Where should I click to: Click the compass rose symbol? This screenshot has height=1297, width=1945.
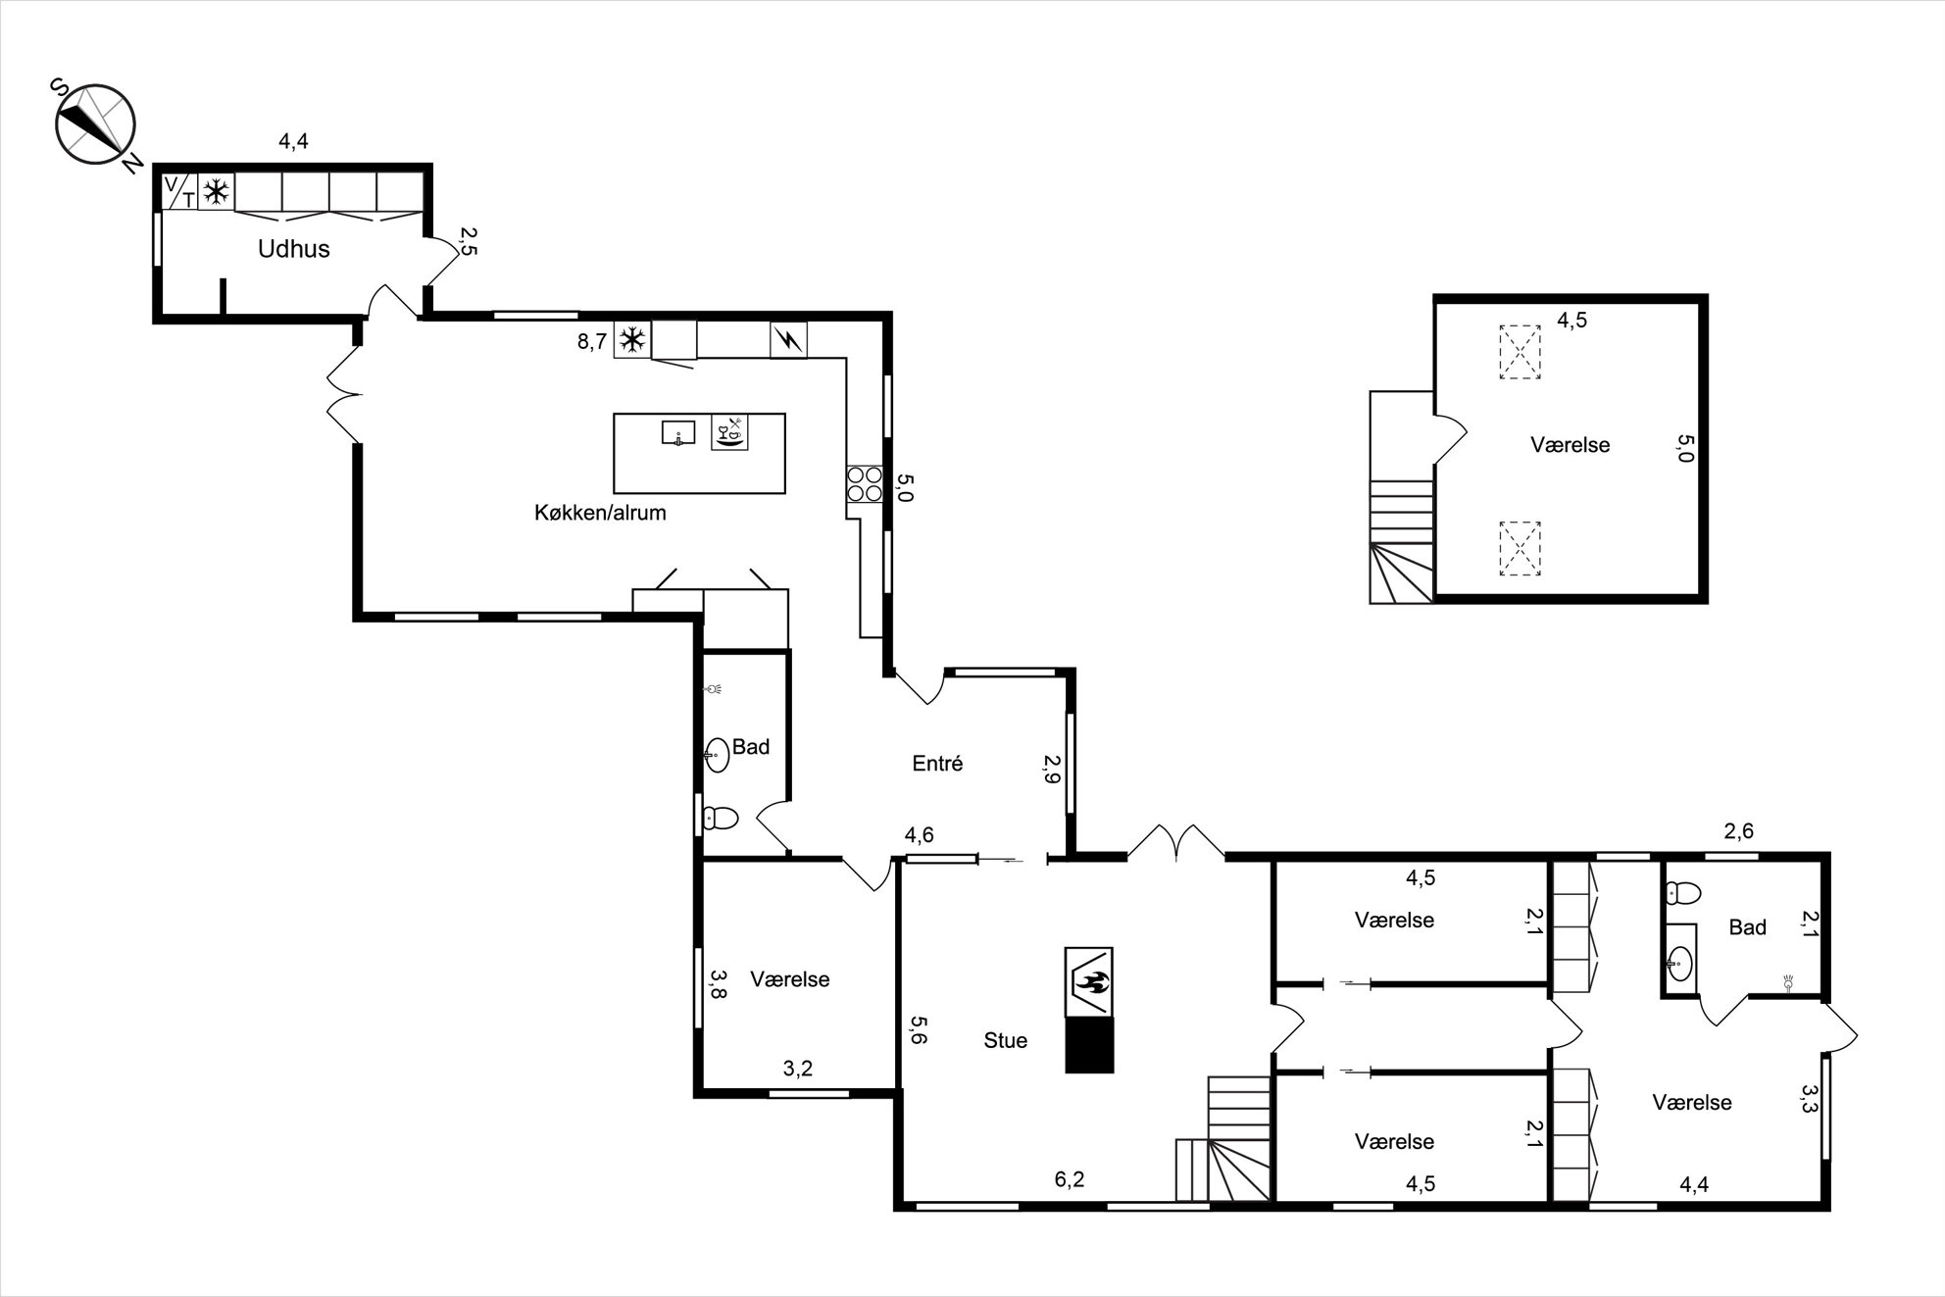95,124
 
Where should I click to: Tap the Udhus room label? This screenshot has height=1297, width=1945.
293,249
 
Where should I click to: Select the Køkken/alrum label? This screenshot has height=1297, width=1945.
600,512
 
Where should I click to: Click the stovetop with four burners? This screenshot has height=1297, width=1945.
865,484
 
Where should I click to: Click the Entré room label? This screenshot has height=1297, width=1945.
937,764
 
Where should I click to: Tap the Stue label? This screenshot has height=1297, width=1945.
1006,1040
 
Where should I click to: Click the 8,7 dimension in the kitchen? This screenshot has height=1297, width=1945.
592,342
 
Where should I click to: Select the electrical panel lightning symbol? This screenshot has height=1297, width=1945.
789,340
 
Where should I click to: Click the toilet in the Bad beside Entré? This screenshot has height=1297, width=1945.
721,817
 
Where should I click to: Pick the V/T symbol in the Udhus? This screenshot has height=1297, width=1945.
179,192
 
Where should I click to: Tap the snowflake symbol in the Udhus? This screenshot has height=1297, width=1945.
216,192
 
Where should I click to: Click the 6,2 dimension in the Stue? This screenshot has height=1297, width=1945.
1070,1179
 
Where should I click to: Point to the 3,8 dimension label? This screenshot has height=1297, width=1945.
719,984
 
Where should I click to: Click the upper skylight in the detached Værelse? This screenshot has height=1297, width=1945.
1520,352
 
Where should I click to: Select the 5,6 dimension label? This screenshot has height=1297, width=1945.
918,1030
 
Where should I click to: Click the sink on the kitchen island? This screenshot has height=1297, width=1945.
678,432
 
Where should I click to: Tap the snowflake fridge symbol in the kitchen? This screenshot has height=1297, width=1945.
632,340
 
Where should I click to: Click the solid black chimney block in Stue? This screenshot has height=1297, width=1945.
1090,1045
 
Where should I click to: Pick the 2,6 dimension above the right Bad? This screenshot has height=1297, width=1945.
1738,832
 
